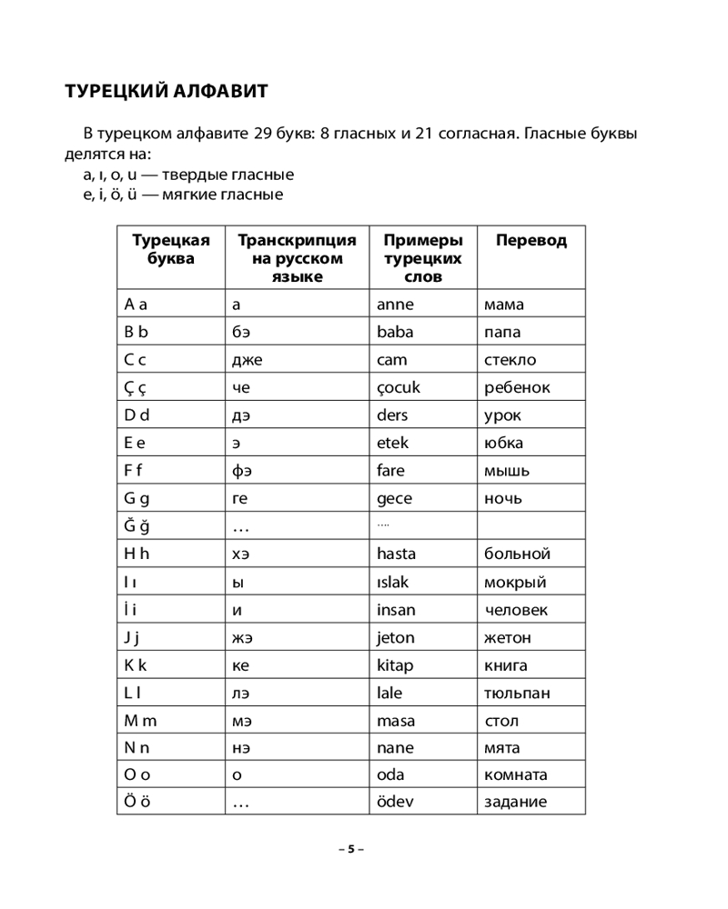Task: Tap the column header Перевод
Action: click(531, 241)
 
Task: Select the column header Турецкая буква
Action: click(170, 250)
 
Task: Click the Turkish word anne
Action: click(394, 305)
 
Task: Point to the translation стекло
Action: click(510, 360)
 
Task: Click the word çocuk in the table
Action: click(398, 388)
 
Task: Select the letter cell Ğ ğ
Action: click(136, 525)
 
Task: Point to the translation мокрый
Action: click(515, 582)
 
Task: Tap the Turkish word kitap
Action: click(394, 665)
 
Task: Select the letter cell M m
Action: click(140, 721)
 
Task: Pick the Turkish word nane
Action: click(394, 748)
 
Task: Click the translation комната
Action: click(516, 775)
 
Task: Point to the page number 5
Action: click(349, 849)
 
